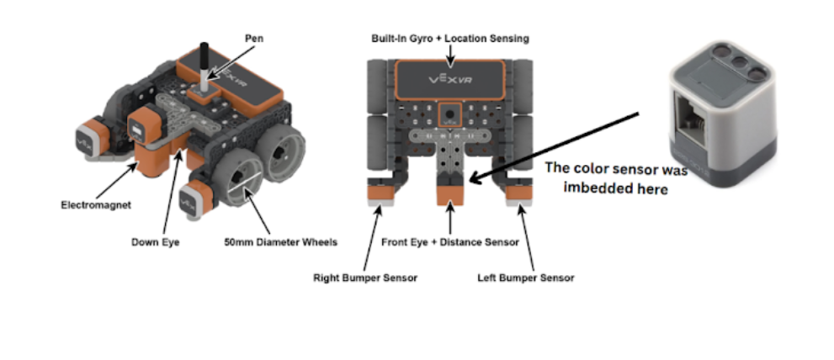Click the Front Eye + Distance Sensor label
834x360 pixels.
click(x=449, y=242)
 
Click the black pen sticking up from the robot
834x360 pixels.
click(x=203, y=61)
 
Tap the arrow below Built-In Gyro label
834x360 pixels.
click(x=451, y=55)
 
